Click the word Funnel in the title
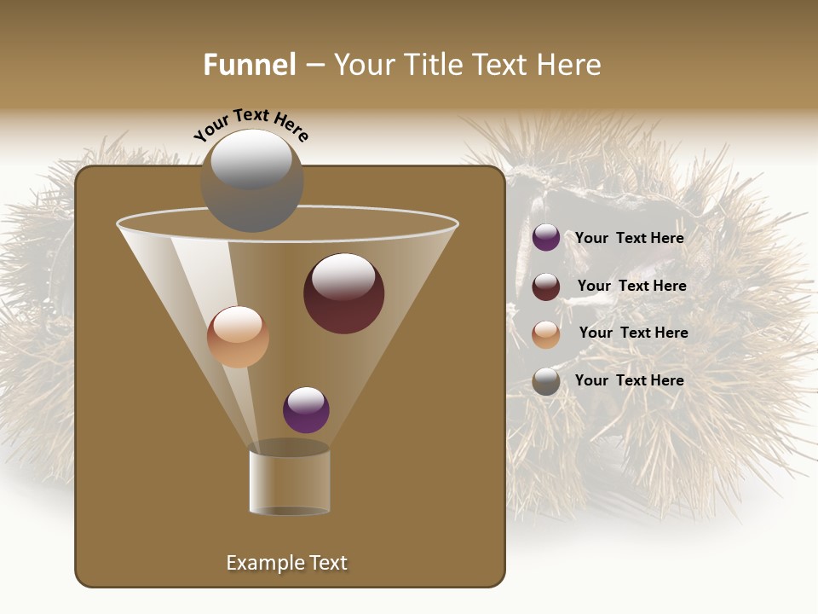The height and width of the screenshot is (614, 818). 250,65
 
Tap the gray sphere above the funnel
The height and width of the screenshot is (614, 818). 252,181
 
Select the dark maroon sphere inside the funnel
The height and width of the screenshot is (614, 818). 343,293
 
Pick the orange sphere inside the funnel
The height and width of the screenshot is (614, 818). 238,337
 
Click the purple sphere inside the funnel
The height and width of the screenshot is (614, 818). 306,410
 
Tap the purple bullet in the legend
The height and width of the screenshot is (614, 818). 546,238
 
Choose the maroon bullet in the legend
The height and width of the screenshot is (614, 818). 546,287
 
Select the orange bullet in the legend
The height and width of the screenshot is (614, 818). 546,334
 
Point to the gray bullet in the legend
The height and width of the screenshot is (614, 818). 546,381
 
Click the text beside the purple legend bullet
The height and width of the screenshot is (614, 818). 629,238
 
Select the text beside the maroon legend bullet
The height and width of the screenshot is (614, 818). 631,286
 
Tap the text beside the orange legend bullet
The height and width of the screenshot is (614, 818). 633,333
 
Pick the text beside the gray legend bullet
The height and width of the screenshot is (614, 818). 629,380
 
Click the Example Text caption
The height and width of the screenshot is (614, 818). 286,563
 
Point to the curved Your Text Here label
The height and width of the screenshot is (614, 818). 251,124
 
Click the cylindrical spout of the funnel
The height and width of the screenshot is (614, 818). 289,481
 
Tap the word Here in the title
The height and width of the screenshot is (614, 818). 570,65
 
